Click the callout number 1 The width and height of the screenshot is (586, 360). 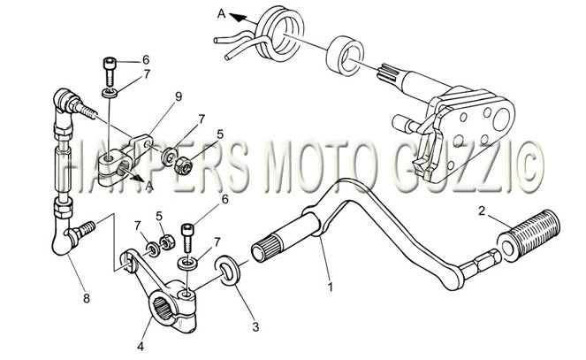click(x=330, y=287)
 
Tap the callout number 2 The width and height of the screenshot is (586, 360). click(x=482, y=211)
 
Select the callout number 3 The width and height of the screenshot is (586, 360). click(x=255, y=327)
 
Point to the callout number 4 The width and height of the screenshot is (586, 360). click(x=141, y=347)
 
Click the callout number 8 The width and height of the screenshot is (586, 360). click(x=87, y=298)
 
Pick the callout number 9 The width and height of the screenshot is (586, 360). click(x=179, y=96)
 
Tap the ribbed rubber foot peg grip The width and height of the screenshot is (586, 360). click(x=530, y=234)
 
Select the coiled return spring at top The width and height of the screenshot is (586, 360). click(x=278, y=35)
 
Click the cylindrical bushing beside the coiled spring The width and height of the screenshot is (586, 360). click(x=345, y=53)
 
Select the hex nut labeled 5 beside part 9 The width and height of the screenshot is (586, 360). click(x=183, y=165)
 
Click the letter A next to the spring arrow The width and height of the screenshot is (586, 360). click(x=222, y=14)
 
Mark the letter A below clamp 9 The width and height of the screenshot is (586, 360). click(x=149, y=186)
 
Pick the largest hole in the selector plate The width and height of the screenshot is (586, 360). click(x=502, y=119)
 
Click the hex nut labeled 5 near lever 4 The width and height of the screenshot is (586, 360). click(x=165, y=242)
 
